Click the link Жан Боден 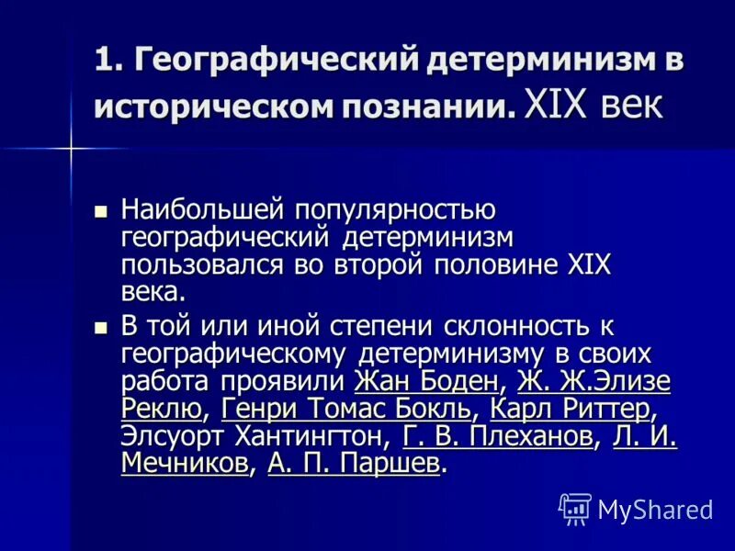point(426,381)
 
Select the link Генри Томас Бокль point(347,408)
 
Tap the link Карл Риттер point(571,408)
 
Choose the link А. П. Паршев point(355,463)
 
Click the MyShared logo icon point(574,508)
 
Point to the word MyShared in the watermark point(656,509)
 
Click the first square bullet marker point(101,210)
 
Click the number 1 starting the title point(104,61)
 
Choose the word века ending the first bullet point(152,292)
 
